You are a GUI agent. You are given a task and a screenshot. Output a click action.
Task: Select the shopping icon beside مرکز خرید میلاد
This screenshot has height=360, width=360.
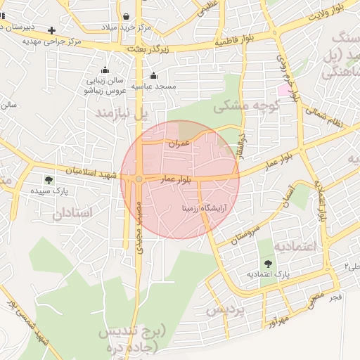coord(125,16)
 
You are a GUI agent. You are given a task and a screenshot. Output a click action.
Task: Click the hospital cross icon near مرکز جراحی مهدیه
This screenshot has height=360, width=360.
coord(52,30)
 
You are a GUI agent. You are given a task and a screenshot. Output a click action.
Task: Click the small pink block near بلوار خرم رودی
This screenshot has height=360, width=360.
coord(283,90)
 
